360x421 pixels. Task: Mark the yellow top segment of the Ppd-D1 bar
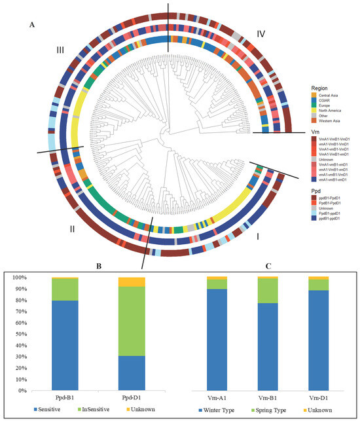[x=132, y=282]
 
